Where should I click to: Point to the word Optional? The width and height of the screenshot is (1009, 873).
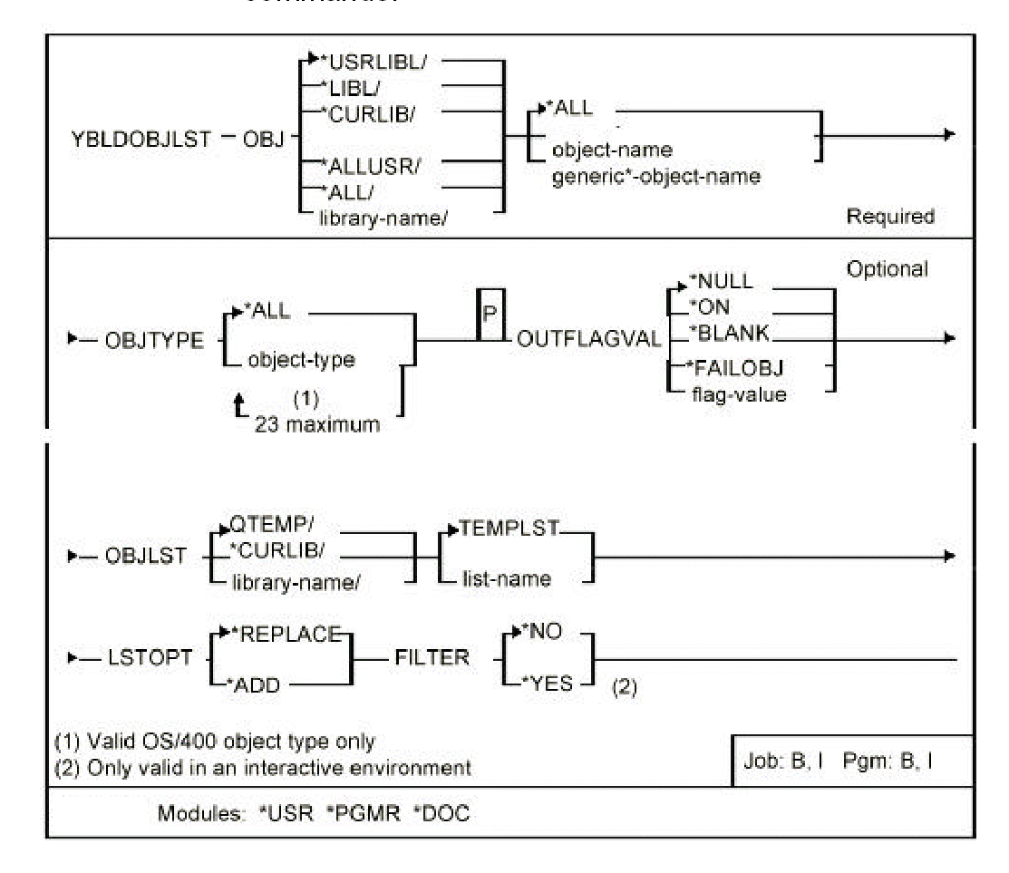coord(889,270)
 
